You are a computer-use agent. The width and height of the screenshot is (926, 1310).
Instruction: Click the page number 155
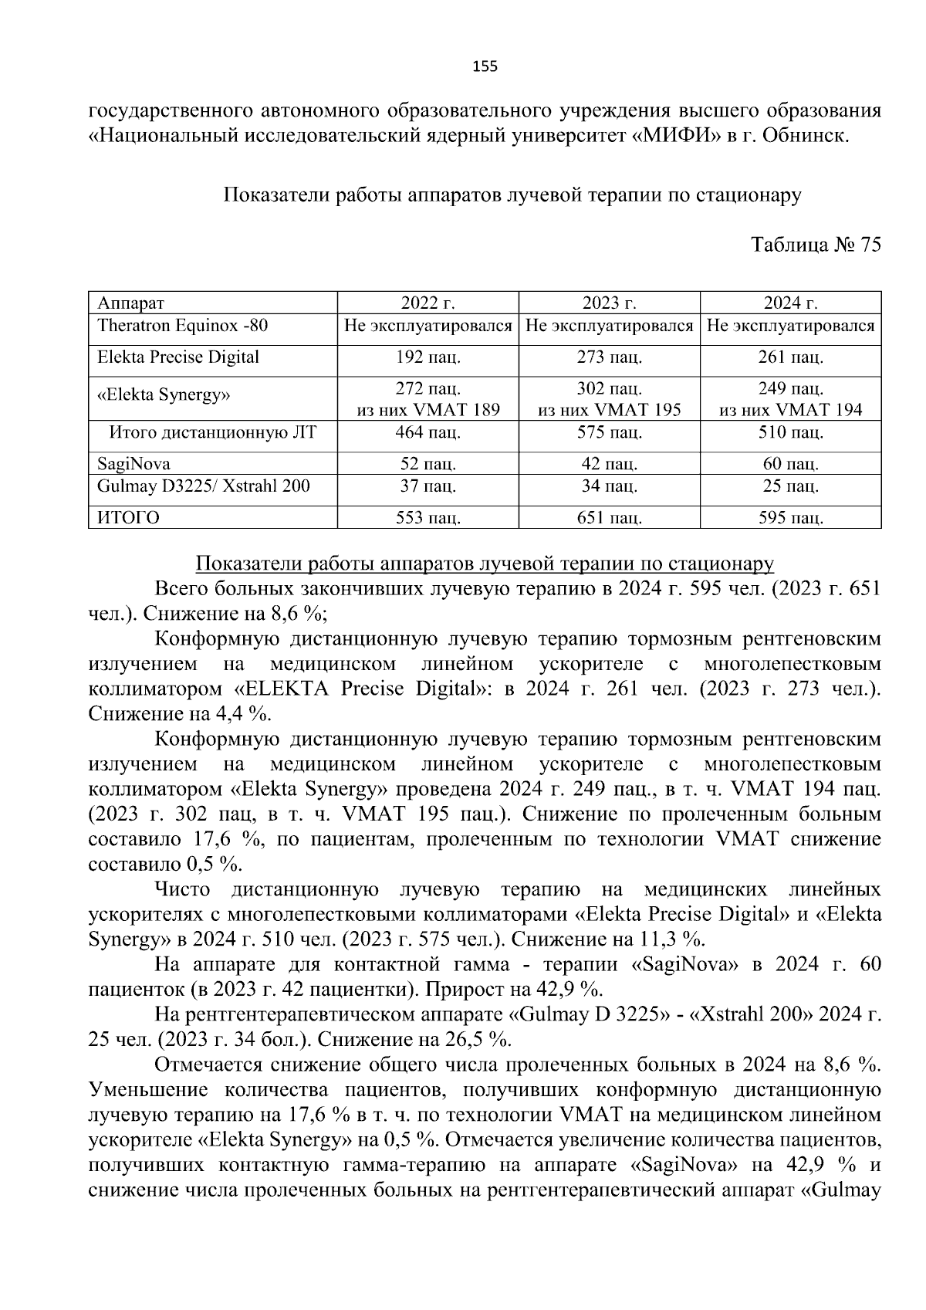[485, 66]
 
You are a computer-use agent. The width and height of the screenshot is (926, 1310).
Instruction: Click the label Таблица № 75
[816, 245]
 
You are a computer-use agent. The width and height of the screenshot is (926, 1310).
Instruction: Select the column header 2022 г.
[428, 303]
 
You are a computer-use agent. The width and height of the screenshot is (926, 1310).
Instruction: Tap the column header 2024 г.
[791, 303]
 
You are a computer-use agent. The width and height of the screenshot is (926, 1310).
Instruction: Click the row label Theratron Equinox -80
[183, 325]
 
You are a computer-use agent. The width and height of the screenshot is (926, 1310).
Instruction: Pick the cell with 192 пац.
[428, 357]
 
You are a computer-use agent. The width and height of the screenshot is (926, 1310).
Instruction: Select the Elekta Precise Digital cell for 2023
[610, 357]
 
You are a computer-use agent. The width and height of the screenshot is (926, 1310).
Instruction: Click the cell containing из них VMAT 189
[428, 410]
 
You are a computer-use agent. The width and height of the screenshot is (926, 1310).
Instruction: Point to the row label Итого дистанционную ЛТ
[213, 432]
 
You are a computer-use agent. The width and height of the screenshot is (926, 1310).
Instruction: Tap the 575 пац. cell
[610, 432]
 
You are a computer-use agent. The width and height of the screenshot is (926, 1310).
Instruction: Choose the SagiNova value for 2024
[791, 464]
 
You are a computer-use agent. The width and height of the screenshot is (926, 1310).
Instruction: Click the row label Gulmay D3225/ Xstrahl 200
[204, 486]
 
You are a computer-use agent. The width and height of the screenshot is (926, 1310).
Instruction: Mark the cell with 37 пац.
[428, 486]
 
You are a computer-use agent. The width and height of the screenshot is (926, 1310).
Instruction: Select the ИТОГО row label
[129, 517]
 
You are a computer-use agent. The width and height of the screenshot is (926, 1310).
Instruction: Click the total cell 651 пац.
[610, 517]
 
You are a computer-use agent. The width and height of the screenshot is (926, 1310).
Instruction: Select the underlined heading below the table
[485, 564]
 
